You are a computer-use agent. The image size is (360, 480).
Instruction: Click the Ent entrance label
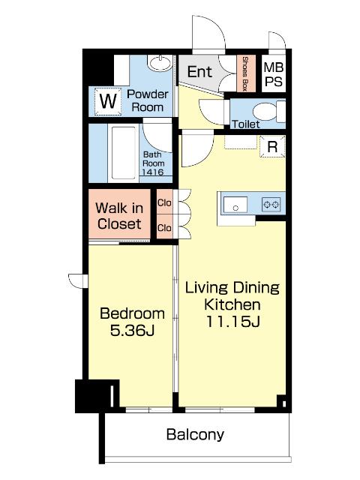pos(199,72)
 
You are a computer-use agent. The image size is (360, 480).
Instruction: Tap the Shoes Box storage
pos(246,73)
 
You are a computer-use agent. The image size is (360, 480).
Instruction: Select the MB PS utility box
pos(274,74)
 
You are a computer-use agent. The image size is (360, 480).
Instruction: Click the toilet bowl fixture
pos(269,112)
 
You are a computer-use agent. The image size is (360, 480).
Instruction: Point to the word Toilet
pos(246,124)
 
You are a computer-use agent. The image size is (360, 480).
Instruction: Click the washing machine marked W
pos(108,101)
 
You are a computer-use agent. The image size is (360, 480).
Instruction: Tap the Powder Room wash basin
pos(159,63)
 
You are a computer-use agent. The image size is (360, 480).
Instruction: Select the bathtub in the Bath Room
pos(123,153)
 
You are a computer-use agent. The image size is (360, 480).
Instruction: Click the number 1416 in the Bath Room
pos(153,172)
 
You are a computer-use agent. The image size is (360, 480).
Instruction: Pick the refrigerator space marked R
pos(272,147)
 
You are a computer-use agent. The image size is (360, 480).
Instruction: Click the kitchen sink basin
pos(235,205)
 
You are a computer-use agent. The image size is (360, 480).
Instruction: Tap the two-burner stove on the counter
pos(271,204)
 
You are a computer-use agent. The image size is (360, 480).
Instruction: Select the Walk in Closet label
pos(119,216)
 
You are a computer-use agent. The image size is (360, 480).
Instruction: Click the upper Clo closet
pos(164,202)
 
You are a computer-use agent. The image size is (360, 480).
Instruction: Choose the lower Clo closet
pos(164,227)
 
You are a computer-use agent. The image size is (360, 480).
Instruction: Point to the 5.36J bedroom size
pos(132,330)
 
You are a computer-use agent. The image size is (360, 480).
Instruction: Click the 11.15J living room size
pos(232,322)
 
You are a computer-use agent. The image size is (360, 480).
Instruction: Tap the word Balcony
pos(195,435)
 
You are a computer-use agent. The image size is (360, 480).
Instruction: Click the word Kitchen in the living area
pos(232,304)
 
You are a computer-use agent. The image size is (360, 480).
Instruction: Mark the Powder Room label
pos(148,100)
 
